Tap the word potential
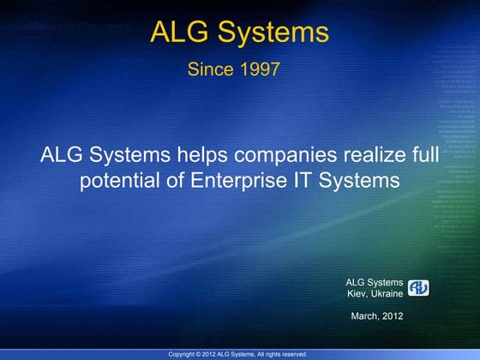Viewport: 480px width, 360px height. tap(116, 181)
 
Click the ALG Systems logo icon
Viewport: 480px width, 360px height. tap(418, 287)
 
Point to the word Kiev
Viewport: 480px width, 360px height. tap(357, 293)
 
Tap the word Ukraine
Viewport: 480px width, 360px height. tap(387, 293)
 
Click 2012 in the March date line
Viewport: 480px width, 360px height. tap(393, 316)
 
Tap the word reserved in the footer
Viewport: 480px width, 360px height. tap(292, 354)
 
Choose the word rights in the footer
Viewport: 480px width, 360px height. tap(269, 354)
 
